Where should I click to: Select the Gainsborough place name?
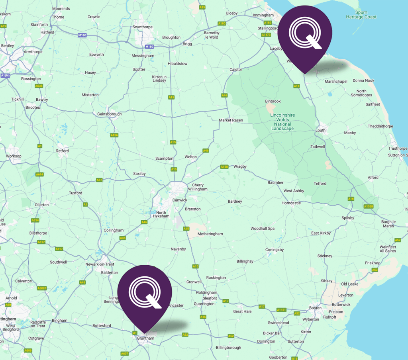109,114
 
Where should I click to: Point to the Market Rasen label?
231,120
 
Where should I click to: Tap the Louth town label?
320,130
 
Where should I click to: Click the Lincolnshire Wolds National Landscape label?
282,122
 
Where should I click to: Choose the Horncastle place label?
291,203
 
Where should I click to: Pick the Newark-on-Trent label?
100,264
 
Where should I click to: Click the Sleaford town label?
210,298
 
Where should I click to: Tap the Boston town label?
315,308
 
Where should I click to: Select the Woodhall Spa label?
263,229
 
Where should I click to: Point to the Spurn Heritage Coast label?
361,15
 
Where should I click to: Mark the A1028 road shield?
369,206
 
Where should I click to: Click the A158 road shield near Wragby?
224,166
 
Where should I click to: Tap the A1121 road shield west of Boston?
282,309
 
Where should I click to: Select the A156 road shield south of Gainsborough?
114,135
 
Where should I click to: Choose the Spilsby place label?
348,218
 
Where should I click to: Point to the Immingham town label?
263,15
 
